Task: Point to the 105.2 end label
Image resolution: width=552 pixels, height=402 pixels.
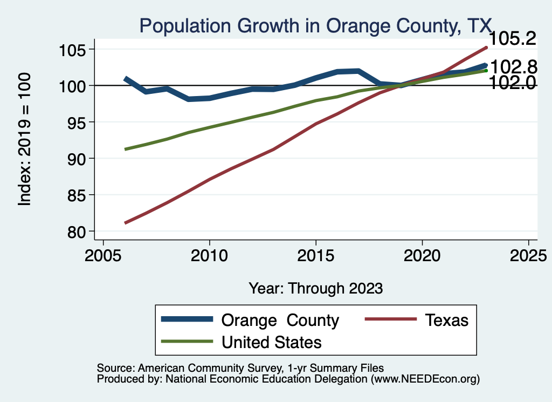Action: tap(512, 39)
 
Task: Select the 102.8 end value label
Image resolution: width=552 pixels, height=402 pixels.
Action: tap(514, 67)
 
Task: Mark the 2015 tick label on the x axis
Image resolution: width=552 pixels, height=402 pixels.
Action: tap(315, 256)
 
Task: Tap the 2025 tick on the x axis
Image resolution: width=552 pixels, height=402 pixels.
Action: tap(528, 256)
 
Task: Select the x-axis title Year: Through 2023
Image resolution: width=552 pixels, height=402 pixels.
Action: tap(315, 288)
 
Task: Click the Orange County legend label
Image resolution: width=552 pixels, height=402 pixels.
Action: tap(280, 320)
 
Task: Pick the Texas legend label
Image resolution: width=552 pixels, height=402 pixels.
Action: tap(447, 320)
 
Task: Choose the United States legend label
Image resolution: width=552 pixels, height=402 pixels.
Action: tap(271, 342)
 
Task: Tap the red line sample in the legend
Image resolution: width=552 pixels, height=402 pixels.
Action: tap(391, 320)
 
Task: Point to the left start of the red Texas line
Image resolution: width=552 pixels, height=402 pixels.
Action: tap(125, 222)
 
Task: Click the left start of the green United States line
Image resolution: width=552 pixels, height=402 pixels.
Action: tap(125, 149)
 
